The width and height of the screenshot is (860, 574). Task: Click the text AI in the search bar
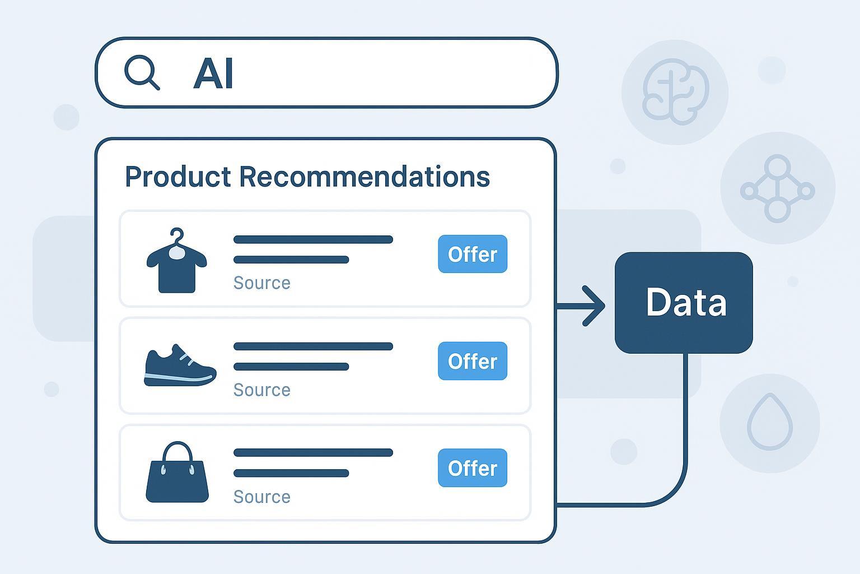pyautogui.click(x=213, y=73)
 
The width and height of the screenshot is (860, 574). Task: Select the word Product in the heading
pyautogui.click(x=178, y=177)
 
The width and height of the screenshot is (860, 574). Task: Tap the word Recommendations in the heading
pyautogui.click(x=364, y=177)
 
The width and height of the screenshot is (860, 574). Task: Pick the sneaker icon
pyautogui.click(x=180, y=365)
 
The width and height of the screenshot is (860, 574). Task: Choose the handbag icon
pyautogui.click(x=177, y=472)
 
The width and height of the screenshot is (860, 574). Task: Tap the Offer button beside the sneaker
pyautogui.click(x=473, y=361)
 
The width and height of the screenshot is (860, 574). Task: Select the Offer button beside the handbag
pyautogui.click(x=473, y=468)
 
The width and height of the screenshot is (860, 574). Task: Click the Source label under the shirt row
pyautogui.click(x=262, y=283)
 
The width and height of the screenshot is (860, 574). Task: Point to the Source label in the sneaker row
pyautogui.click(x=262, y=390)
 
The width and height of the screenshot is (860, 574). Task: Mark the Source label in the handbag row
pyautogui.click(x=262, y=497)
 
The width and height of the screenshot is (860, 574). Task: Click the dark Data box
pyautogui.click(x=684, y=303)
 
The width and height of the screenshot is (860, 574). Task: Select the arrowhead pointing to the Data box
pyautogui.click(x=593, y=306)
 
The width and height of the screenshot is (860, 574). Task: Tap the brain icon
pyautogui.click(x=675, y=91)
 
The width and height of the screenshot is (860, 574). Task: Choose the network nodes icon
pyautogui.click(x=778, y=188)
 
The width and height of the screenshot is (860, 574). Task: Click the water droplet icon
pyautogui.click(x=770, y=422)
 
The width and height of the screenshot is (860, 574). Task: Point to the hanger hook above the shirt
pyautogui.click(x=177, y=236)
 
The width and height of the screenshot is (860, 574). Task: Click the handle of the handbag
pyautogui.click(x=177, y=451)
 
